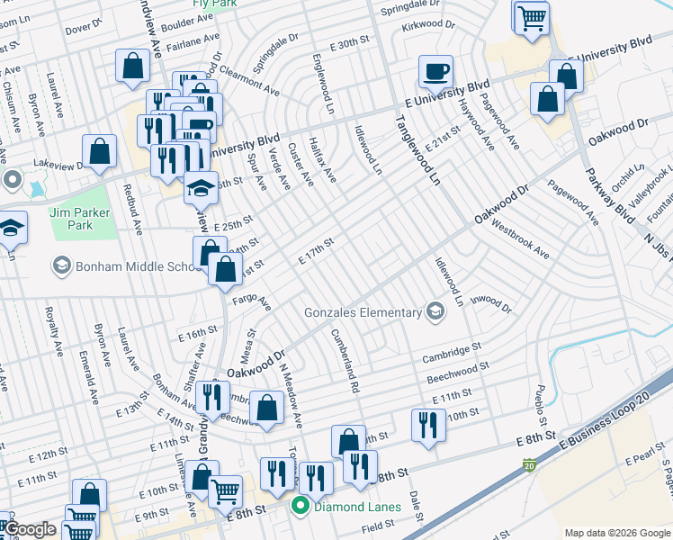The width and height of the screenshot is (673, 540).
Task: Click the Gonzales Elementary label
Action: (363, 312)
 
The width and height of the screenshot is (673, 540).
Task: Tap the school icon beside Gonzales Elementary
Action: (436, 312)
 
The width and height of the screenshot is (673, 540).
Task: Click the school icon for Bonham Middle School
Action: (61, 265)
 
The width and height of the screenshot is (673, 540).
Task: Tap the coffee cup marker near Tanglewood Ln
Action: (436, 72)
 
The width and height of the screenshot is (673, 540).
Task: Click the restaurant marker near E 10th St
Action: (428, 425)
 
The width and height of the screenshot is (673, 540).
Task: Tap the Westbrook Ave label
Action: (519, 239)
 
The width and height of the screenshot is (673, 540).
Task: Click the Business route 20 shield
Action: (529, 465)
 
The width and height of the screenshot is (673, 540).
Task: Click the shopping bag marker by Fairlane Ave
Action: (133, 66)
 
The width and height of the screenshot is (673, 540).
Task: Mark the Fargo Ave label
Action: (251, 301)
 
